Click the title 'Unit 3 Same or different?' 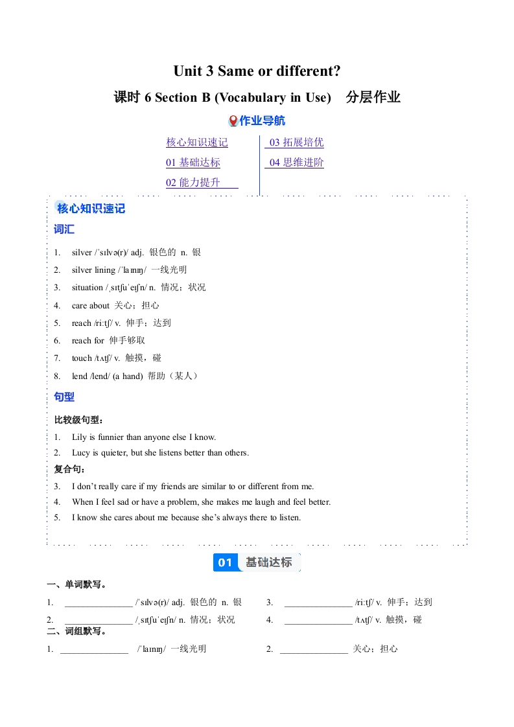click(257, 71)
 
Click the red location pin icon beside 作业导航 click(233, 121)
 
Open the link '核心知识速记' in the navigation click(196, 143)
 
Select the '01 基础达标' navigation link click(193, 163)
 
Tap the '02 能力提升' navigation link click(193, 183)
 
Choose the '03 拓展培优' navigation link click(296, 143)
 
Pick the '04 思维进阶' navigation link click(296, 163)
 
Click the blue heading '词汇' click(64, 229)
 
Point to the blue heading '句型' click(64, 397)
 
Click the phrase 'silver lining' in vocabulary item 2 click(93, 270)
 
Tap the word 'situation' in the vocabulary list click(88, 288)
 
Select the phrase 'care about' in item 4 click(91, 305)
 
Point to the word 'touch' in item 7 click(82, 358)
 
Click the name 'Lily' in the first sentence click(79, 437)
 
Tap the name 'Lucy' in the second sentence click(80, 453)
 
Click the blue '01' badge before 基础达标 click(225, 562)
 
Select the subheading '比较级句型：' click(78, 421)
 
